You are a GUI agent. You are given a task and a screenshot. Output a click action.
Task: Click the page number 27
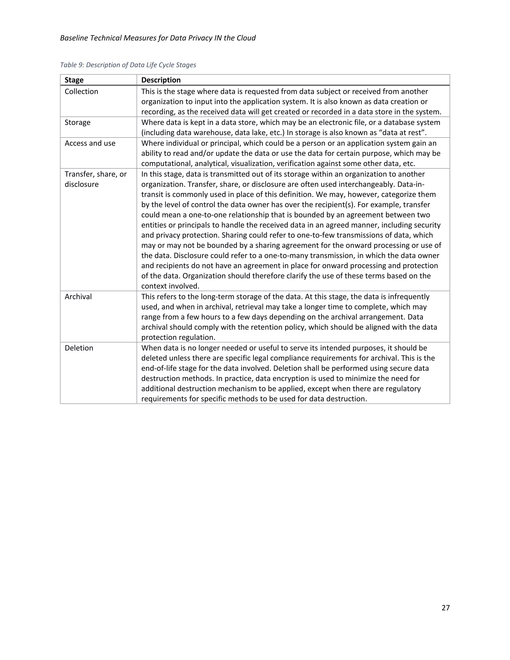pyautogui.click(x=445, y=608)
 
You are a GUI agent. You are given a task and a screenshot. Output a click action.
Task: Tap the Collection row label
pyautogui.click(x=81, y=92)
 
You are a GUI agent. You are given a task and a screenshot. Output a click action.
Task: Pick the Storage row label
pyautogui.click(x=77, y=122)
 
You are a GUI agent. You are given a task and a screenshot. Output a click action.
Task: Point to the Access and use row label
pyautogui.click(x=90, y=143)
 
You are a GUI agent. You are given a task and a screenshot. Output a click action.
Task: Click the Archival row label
pyautogui.click(x=78, y=297)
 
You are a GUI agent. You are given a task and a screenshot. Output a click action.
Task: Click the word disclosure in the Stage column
pyautogui.click(x=82, y=184)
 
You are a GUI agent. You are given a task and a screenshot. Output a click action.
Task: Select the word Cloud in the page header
pyautogui.click(x=246, y=38)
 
